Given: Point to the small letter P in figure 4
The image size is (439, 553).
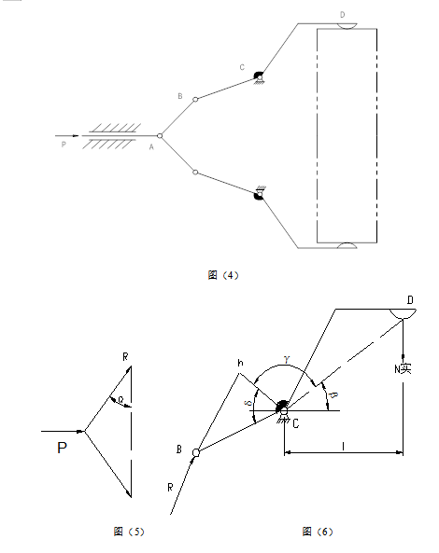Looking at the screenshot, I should (64, 145).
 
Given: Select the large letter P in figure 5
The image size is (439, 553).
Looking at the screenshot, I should (62, 449).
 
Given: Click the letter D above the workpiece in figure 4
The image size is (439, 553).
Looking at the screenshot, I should (342, 15).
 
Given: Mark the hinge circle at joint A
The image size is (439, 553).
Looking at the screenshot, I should (160, 136).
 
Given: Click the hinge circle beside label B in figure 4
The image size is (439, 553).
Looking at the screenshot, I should (194, 98).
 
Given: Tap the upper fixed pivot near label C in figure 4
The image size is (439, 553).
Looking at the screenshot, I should (257, 77).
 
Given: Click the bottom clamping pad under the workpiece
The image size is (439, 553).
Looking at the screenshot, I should (346, 246).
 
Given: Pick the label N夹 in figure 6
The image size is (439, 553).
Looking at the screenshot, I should (403, 369).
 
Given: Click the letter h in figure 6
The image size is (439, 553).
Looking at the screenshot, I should (239, 363).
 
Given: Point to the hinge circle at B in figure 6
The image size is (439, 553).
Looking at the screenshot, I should (195, 453).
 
